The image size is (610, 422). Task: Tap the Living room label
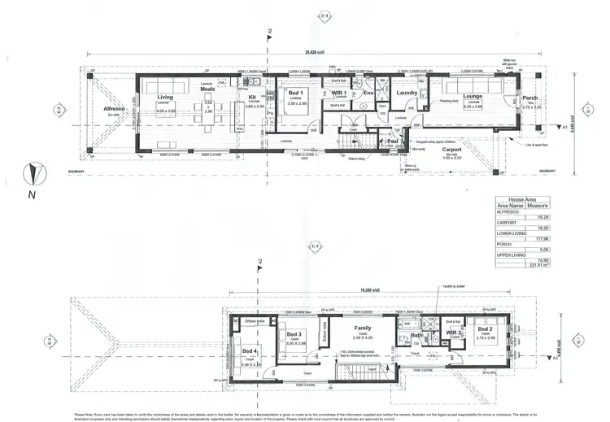tap(165, 97)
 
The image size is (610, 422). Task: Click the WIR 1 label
tap(339, 94)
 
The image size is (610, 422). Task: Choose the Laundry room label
tap(407, 93)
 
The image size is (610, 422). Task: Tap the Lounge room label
tap(473, 96)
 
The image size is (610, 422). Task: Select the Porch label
tap(530, 98)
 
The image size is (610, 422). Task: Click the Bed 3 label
tap(294, 334)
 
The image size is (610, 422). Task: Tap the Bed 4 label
tap(250, 350)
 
